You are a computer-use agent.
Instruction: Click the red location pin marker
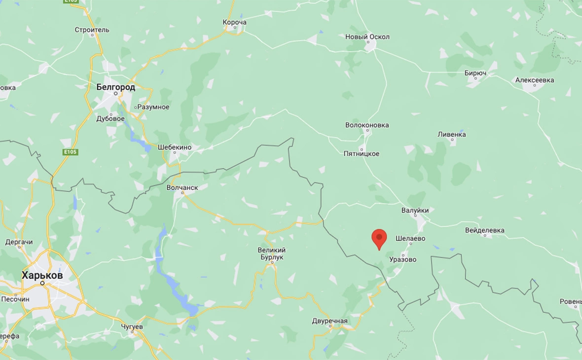(379, 239)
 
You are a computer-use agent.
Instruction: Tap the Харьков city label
(42, 276)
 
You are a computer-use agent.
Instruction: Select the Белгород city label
(115, 87)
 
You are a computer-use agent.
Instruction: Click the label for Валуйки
(415, 210)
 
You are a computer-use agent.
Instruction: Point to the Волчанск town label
(182, 187)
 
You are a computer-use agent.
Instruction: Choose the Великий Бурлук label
(272, 253)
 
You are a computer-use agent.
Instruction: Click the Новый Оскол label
(367, 37)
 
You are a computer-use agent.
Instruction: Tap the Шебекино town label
(174, 147)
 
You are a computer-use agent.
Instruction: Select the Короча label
(234, 22)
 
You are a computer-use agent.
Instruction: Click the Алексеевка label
(534, 80)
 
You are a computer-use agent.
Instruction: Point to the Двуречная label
(329, 321)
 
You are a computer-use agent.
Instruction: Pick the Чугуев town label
(132, 326)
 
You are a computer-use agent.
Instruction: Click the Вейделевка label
(484, 230)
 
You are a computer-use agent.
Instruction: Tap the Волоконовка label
(367, 125)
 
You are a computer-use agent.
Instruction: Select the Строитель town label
(92, 30)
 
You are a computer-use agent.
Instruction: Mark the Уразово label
(402, 259)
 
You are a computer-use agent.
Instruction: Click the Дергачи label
(19, 242)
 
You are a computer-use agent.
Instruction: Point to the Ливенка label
(451, 134)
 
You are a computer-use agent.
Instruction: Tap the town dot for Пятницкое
(362, 148)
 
